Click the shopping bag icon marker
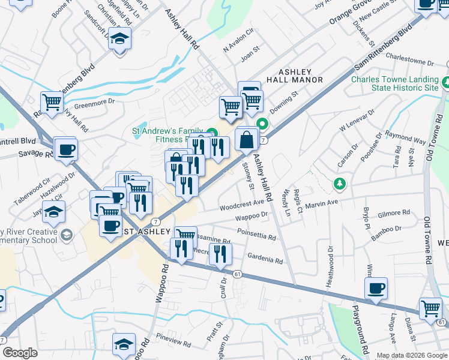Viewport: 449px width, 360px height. pos(247,140)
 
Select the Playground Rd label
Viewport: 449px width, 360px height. pos(363,327)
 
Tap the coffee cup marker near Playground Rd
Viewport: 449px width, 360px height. pos(376,289)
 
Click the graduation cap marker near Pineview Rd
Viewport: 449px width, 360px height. pos(124,344)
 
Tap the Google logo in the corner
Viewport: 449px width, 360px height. pos(20,353)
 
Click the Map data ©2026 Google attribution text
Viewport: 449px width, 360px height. pos(411,355)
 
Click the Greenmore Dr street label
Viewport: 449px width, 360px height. pos(94,102)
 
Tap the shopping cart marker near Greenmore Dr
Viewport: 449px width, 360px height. pos(52,101)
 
